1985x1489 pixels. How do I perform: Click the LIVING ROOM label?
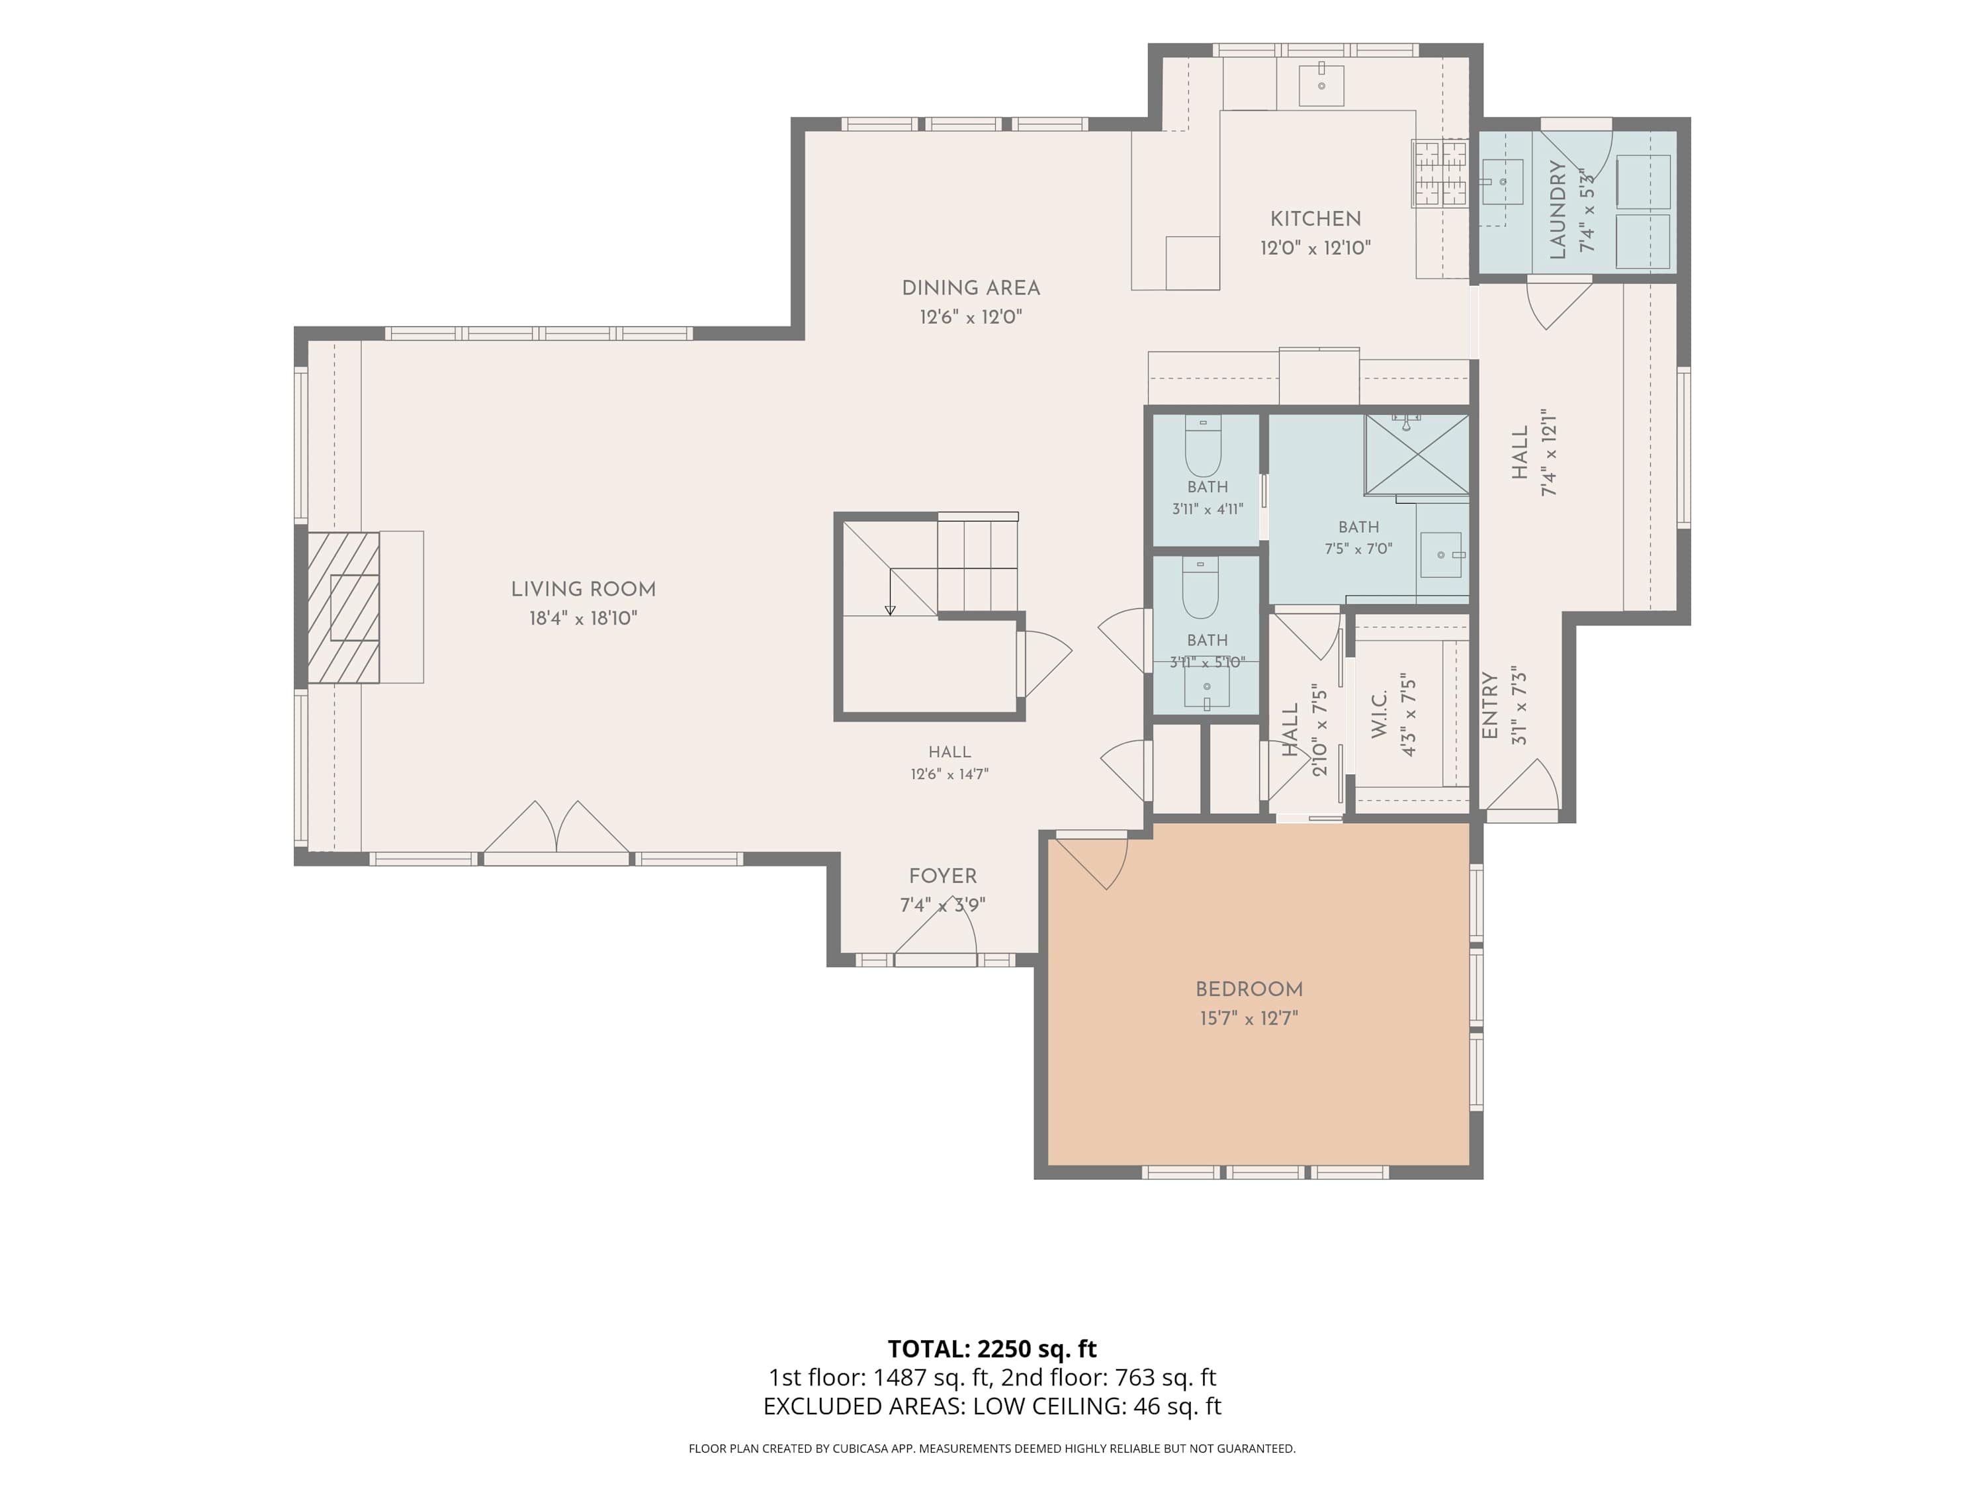tap(584, 590)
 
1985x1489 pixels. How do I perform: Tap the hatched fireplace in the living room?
tap(343, 608)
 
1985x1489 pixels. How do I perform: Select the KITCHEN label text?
tap(1315, 219)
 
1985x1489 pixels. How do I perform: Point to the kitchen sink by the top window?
tap(1322, 85)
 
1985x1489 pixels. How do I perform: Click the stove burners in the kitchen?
tap(1440, 173)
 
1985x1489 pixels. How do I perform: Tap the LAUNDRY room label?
tap(1558, 209)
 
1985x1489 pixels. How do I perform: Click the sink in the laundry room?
tap(1501, 182)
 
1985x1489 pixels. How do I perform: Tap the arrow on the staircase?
tap(890, 592)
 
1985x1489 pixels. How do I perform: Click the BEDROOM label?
tap(1249, 989)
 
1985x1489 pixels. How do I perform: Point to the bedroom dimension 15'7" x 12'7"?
tap(1249, 1018)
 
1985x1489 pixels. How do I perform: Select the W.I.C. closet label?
tap(1380, 715)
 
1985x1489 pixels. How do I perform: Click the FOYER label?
tap(943, 876)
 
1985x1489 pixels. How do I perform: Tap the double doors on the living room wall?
tap(557, 827)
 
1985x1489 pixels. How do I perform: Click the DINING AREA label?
tap(971, 288)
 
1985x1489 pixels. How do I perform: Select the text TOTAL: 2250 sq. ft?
tap(992, 1349)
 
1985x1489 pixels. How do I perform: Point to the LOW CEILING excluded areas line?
tap(992, 1406)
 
